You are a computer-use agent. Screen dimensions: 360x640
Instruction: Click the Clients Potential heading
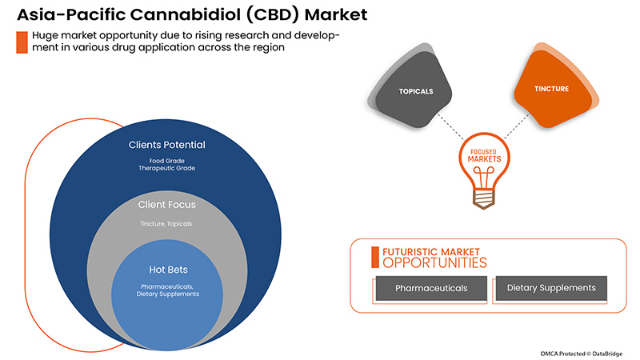pyautogui.click(x=167, y=145)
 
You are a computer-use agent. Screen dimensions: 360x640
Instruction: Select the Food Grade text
pyautogui.click(x=167, y=160)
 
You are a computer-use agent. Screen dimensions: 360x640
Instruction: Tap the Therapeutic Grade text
pyautogui.click(x=167, y=169)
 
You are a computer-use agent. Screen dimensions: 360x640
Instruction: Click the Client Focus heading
pyautogui.click(x=167, y=206)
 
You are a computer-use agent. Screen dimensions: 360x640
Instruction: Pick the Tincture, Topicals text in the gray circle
pyautogui.click(x=167, y=223)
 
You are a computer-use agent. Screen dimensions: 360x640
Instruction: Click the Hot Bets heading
pyautogui.click(x=167, y=270)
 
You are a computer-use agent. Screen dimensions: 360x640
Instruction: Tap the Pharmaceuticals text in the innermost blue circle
pyautogui.click(x=167, y=286)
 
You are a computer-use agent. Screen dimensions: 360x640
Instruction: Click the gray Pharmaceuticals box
pyautogui.click(x=431, y=287)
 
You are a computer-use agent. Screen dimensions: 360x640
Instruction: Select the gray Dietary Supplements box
pyautogui.click(x=551, y=287)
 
